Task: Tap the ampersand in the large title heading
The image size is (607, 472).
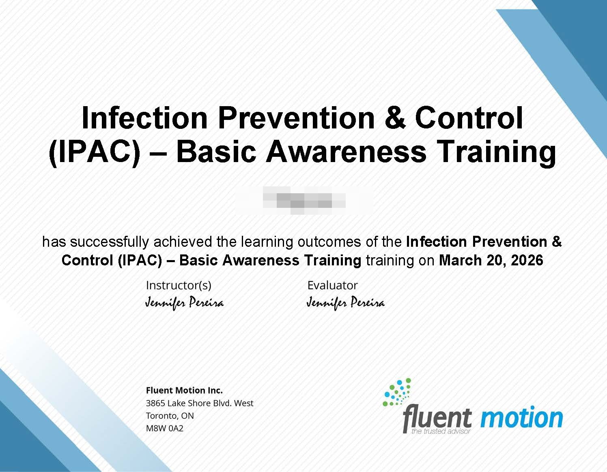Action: pos(394,117)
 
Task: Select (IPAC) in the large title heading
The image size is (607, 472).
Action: pos(95,152)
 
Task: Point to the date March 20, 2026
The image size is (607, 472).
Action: pos(491,260)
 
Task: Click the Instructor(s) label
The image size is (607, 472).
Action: pos(179,285)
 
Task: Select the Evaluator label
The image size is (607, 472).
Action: pos(332,285)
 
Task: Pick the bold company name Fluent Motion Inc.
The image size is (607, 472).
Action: pos(184,390)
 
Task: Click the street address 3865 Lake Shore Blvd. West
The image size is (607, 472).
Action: pos(199,403)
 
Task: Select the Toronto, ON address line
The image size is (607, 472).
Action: pos(170,416)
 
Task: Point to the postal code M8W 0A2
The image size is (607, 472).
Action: pos(164,428)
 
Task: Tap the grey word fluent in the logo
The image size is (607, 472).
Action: pos(437,418)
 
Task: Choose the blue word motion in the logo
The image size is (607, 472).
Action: pos(521,418)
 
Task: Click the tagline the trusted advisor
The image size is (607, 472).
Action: pos(441,431)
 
